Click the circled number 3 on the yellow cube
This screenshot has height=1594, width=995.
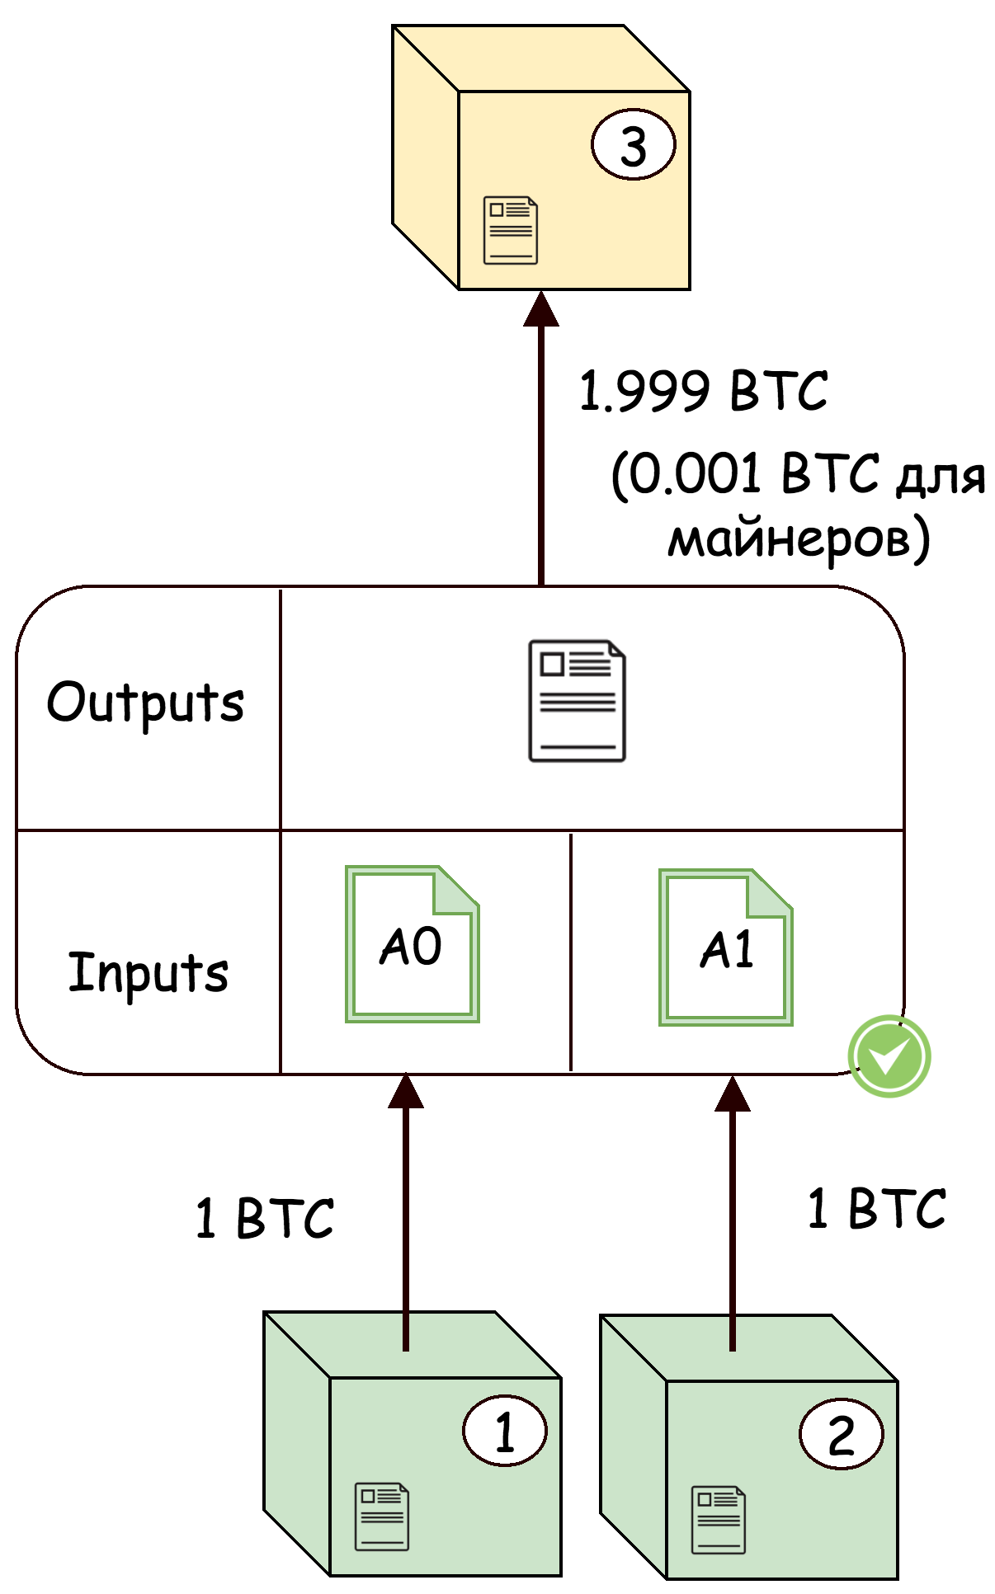[x=633, y=145]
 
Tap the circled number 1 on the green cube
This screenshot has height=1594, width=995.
[x=504, y=1431]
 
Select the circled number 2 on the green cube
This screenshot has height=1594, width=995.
[x=841, y=1434]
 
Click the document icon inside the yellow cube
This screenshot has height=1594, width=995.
[x=510, y=230]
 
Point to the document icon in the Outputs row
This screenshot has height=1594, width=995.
[x=577, y=701]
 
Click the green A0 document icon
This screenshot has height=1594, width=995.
[x=412, y=944]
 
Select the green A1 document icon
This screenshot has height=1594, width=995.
[x=725, y=947]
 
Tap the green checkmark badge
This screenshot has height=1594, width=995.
[x=889, y=1056]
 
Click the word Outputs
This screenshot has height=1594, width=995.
[x=145, y=703]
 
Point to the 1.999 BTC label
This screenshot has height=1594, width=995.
[x=703, y=391]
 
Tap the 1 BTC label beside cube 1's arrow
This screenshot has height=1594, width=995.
[x=265, y=1218]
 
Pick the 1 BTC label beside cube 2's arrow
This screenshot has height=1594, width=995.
[x=876, y=1208]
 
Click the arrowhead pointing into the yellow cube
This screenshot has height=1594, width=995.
[x=541, y=309]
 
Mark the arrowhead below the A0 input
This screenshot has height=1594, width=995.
[x=405, y=1092]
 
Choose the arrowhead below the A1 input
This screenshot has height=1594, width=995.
[x=732, y=1094]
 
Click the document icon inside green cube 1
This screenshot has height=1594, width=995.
[x=381, y=1516]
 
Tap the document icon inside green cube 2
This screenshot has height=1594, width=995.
[x=718, y=1519]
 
